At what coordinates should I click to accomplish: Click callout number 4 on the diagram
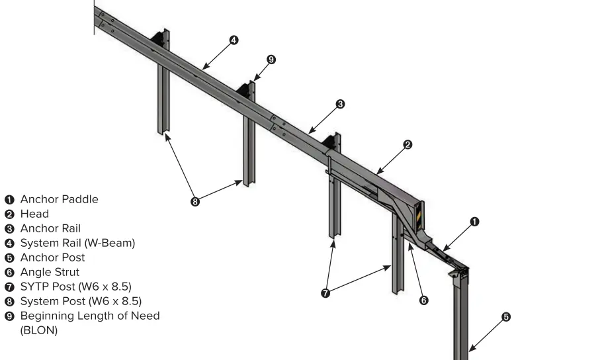click(233, 40)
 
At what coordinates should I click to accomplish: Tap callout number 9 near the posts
click(271, 60)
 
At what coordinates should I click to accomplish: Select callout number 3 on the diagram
click(339, 104)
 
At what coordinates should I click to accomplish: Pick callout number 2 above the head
click(408, 144)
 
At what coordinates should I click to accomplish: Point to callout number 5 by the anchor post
click(506, 317)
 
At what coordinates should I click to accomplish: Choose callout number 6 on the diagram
click(424, 300)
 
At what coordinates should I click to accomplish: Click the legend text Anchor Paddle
click(59, 199)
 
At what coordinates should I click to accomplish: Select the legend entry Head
click(34, 214)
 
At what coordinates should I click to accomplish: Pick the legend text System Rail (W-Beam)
click(77, 243)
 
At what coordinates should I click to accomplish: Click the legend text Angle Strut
click(50, 272)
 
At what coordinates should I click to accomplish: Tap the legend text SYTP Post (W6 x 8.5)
click(75, 287)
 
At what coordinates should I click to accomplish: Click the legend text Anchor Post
click(52, 257)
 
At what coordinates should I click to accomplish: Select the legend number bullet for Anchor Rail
click(9, 228)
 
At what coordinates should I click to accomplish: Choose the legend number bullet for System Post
click(9, 301)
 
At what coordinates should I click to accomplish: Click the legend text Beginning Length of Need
click(90, 316)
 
